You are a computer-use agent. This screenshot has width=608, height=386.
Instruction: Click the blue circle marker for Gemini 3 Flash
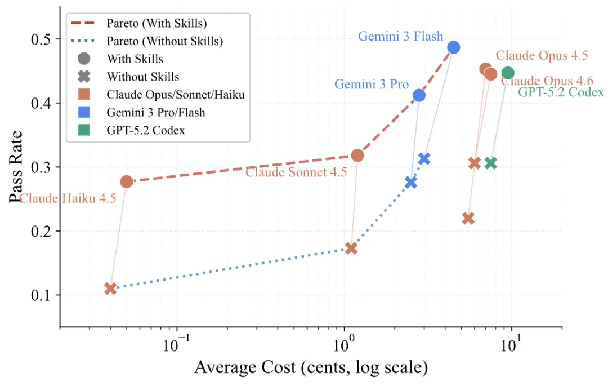[x=453, y=47]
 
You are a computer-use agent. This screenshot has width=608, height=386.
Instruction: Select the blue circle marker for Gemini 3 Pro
[x=419, y=96]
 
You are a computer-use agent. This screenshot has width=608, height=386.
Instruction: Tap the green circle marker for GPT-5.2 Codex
[x=507, y=73]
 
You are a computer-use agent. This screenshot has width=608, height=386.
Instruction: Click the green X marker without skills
[x=490, y=163]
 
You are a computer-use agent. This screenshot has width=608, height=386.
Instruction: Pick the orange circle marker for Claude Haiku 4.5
[x=127, y=181]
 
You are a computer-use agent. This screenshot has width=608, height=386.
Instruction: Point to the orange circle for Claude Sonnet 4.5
[x=357, y=155]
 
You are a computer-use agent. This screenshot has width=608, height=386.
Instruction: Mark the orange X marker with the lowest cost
[x=110, y=288]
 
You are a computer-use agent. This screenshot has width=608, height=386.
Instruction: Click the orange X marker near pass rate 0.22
[x=468, y=218]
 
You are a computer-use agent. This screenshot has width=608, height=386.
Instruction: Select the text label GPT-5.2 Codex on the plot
[x=561, y=92]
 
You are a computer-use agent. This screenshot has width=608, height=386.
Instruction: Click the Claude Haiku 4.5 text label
[x=68, y=198]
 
